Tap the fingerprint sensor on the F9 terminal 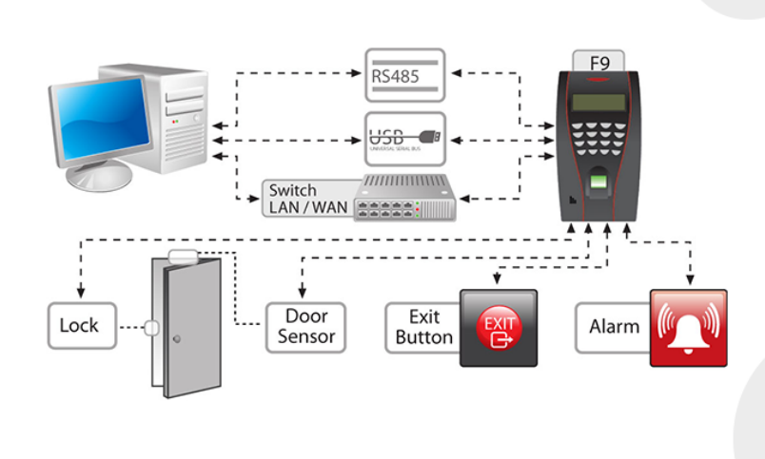click(x=598, y=181)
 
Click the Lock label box click(x=80, y=326)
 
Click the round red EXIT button click(x=499, y=328)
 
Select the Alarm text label click(x=614, y=327)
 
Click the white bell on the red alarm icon click(x=688, y=329)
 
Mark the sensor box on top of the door click(x=182, y=255)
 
